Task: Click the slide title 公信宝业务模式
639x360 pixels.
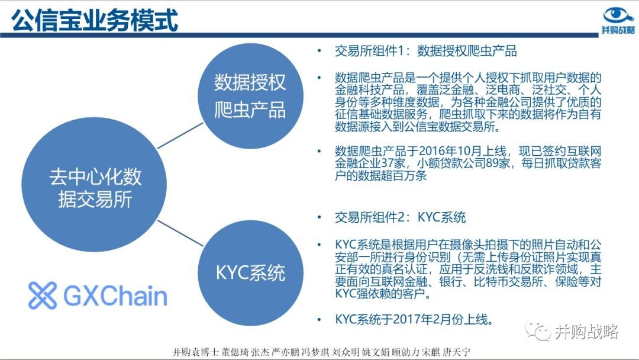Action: [x=95, y=20]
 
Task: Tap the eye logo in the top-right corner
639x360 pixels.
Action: [x=618, y=15]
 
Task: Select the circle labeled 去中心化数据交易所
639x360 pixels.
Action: [x=94, y=184]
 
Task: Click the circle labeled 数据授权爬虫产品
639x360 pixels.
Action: [x=250, y=96]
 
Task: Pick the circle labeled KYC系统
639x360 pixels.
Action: [x=250, y=273]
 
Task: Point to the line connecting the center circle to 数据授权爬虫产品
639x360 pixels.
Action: [x=180, y=136]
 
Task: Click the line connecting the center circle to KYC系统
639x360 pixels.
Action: [x=180, y=233]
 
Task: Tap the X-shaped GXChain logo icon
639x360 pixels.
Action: [x=43, y=295]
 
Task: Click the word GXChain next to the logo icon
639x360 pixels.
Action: [x=115, y=296]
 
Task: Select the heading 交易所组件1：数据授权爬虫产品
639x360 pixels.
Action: [x=425, y=51]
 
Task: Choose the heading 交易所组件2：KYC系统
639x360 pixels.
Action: [x=400, y=217]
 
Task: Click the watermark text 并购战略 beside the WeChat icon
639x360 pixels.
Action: [x=586, y=332]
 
